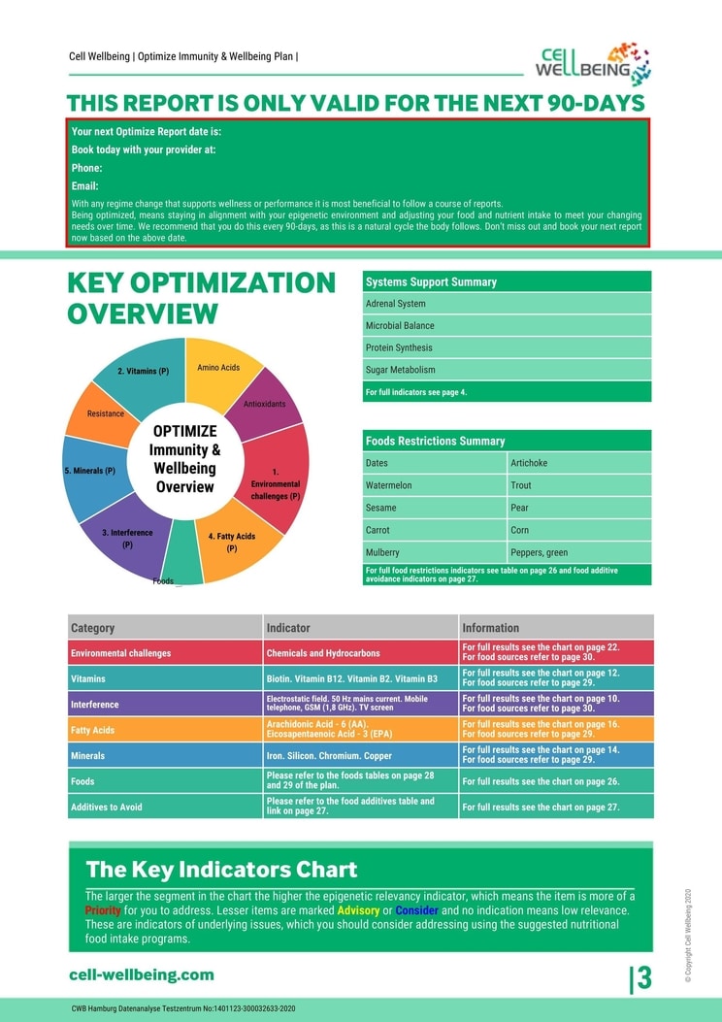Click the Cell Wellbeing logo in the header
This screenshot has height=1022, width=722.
[593, 64]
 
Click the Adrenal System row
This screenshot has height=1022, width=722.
[506, 304]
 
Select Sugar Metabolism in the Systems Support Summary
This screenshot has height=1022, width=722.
[506, 370]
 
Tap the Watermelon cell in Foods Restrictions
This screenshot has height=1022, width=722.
[433, 485]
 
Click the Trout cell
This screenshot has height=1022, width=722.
[578, 485]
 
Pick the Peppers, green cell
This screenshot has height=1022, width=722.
[578, 553]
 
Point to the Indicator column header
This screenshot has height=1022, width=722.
[360, 628]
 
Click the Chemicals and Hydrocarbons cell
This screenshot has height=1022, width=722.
[360, 653]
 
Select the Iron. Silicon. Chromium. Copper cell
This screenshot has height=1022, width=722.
[360, 756]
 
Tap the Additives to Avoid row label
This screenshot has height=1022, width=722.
[107, 808]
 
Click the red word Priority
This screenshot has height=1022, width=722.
[103, 911]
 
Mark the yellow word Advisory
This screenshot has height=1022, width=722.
[358, 911]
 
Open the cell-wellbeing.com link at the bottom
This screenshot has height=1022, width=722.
[142, 975]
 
